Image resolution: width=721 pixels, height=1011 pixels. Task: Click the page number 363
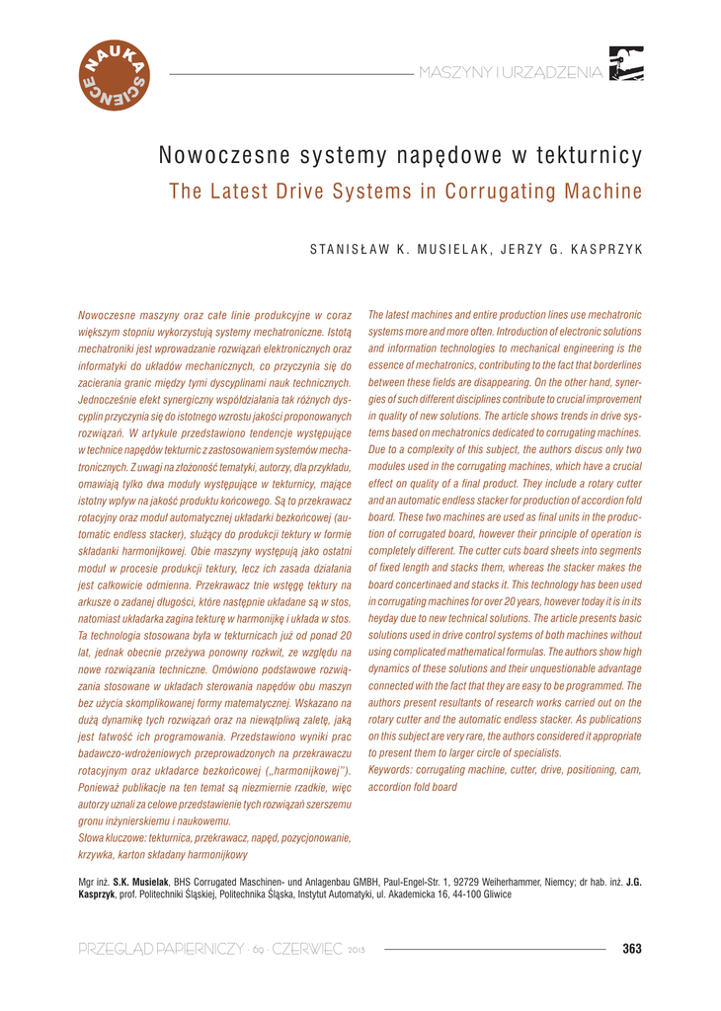(x=632, y=950)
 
